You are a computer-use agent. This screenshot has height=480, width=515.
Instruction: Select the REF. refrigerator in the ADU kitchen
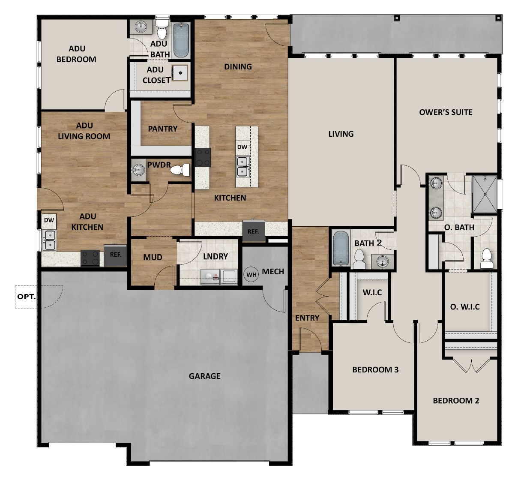click(x=115, y=255)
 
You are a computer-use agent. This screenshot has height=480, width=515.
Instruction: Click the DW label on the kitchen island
click(x=242, y=147)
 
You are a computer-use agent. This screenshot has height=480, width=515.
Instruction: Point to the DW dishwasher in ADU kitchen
click(x=49, y=220)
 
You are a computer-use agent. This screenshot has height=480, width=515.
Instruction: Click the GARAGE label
click(x=204, y=376)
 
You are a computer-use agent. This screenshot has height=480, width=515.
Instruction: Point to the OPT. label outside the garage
click(x=27, y=296)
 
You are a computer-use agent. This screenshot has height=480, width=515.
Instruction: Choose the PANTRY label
click(x=162, y=129)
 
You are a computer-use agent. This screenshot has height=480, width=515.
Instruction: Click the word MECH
click(x=273, y=271)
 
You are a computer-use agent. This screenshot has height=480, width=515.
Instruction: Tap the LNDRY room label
click(x=215, y=256)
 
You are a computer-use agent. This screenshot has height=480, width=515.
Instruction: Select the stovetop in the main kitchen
click(x=203, y=157)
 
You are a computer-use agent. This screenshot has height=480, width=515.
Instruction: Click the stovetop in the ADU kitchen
click(x=90, y=258)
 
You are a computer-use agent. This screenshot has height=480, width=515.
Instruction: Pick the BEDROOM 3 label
click(x=375, y=369)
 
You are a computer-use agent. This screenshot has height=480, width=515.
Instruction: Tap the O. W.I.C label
click(x=464, y=307)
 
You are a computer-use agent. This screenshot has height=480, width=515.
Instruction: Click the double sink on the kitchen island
click(x=242, y=167)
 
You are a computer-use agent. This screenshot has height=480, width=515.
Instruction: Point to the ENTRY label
click(x=307, y=318)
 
